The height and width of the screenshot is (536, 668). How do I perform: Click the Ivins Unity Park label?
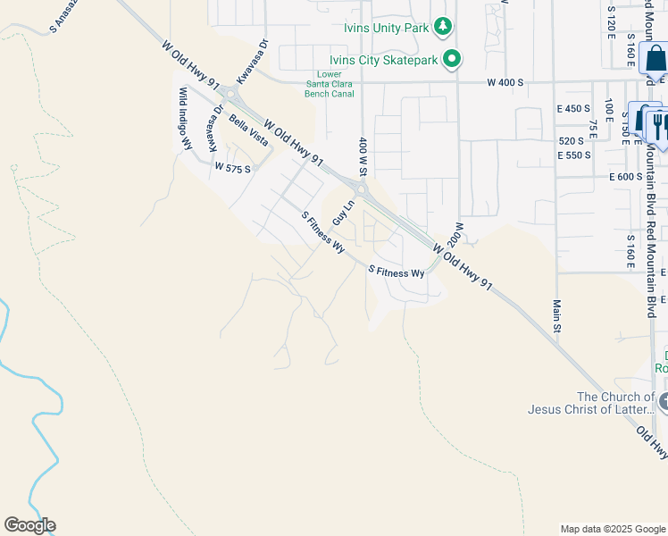point(386,28)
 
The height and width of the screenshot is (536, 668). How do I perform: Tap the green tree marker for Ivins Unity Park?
point(442,28)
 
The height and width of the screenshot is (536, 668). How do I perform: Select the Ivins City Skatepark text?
point(397,60)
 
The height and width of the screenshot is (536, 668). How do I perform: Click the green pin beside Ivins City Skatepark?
point(453,60)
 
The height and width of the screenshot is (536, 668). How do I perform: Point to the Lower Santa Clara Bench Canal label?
point(330,85)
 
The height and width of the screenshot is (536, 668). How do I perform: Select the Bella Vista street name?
point(248,130)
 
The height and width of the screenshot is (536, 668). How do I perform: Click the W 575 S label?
point(231,166)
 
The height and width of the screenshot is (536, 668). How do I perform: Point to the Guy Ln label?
point(343,212)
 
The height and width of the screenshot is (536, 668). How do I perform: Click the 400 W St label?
point(363,155)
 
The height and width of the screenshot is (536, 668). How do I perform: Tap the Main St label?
point(555,316)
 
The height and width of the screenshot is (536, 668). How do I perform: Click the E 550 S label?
point(575,155)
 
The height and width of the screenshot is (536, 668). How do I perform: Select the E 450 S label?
point(575,109)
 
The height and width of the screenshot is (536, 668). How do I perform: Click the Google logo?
point(29,525)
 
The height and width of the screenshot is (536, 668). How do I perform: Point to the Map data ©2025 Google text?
point(612,529)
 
